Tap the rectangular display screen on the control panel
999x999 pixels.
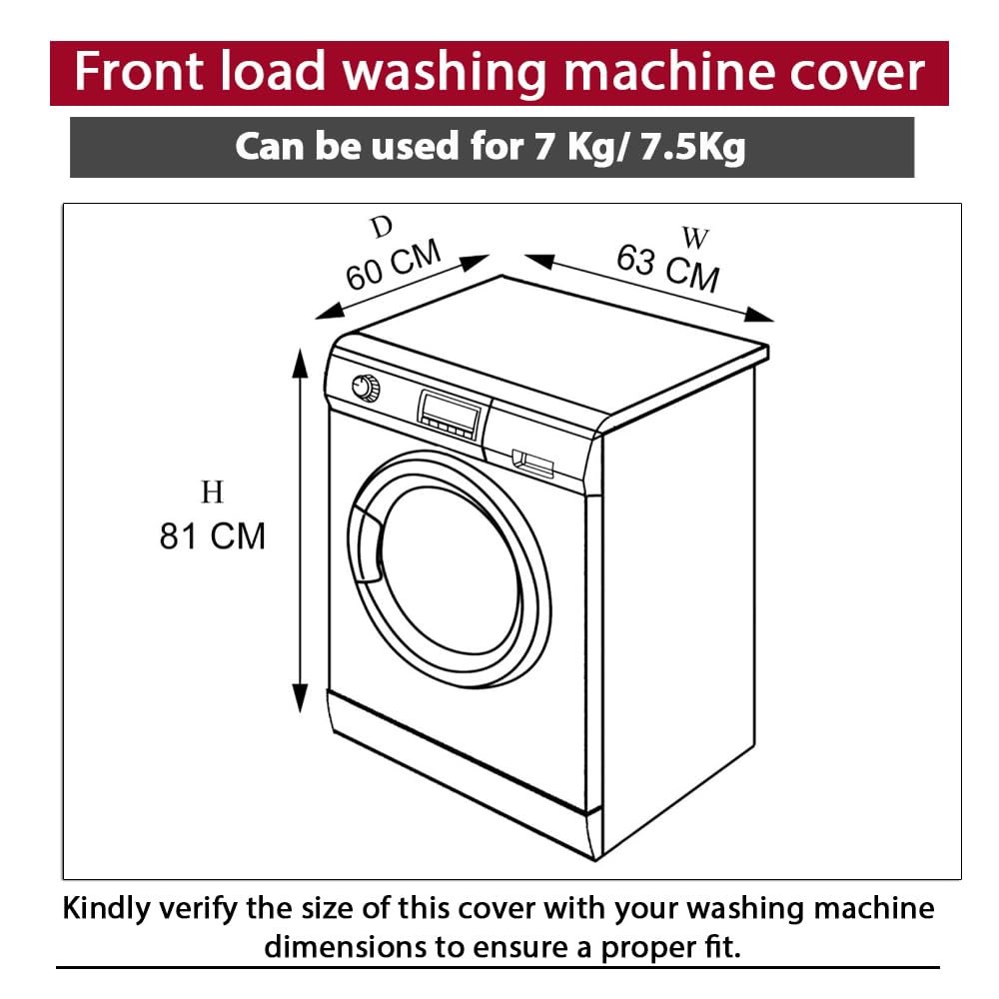(450, 410)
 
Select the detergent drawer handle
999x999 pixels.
(533, 464)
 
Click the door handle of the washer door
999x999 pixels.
(365, 542)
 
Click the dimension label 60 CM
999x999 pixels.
(393, 264)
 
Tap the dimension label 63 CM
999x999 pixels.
(667, 268)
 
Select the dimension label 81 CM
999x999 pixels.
(212, 536)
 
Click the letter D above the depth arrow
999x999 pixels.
(382, 227)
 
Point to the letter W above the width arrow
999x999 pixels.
(695, 238)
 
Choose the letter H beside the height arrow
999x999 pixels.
(212, 493)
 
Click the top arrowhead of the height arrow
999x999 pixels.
(300, 364)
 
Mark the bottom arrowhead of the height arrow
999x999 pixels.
(300, 697)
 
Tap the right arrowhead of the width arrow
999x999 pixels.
(759, 315)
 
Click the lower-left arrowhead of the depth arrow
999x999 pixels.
(331, 311)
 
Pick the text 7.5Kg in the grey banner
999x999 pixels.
(692, 147)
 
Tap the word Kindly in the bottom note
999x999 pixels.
(107, 909)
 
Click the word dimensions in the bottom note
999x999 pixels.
(345, 947)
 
